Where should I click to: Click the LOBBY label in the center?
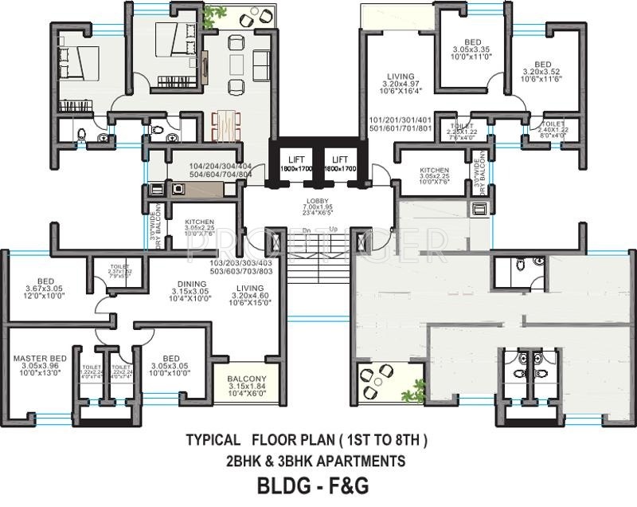[x=317, y=201]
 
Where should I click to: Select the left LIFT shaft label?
[x=295, y=159]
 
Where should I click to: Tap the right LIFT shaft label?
[x=340, y=159]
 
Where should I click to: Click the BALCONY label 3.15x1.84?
[x=246, y=379]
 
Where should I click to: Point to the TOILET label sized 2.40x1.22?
[x=553, y=125]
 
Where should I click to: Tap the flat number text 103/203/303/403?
[x=240, y=263]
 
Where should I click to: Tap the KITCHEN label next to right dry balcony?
[x=435, y=170]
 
